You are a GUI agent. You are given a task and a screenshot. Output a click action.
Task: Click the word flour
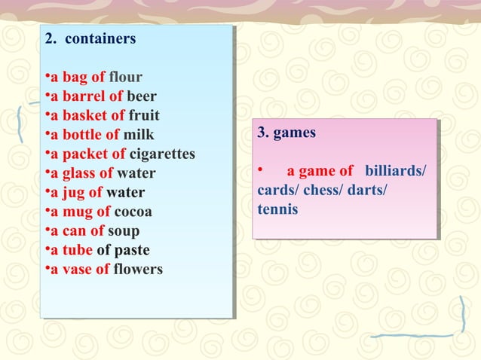[x=125, y=77]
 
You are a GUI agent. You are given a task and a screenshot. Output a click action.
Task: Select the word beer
[x=142, y=96]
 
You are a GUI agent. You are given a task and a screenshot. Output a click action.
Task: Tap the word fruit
[x=143, y=116]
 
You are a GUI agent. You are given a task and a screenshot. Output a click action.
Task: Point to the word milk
[x=139, y=135]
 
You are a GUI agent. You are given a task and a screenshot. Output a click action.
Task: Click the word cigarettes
[x=162, y=154]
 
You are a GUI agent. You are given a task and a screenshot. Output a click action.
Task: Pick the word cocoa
[x=133, y=212]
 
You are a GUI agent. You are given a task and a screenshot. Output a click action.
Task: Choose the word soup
[x=124, y=230]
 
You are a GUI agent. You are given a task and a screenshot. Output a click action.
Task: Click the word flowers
[x=137, y=269]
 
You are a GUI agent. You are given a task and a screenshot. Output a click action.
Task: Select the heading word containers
[x=101, y=38]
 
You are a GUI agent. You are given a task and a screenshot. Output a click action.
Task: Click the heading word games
[x=294, y=133]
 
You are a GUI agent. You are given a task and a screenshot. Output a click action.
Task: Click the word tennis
[x=277, y=209]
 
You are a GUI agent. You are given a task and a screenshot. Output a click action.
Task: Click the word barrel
[x=83, y=96]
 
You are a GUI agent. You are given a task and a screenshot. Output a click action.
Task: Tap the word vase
[x=77, y=269]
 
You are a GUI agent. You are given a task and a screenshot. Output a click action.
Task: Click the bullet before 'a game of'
[x=260, y=170]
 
